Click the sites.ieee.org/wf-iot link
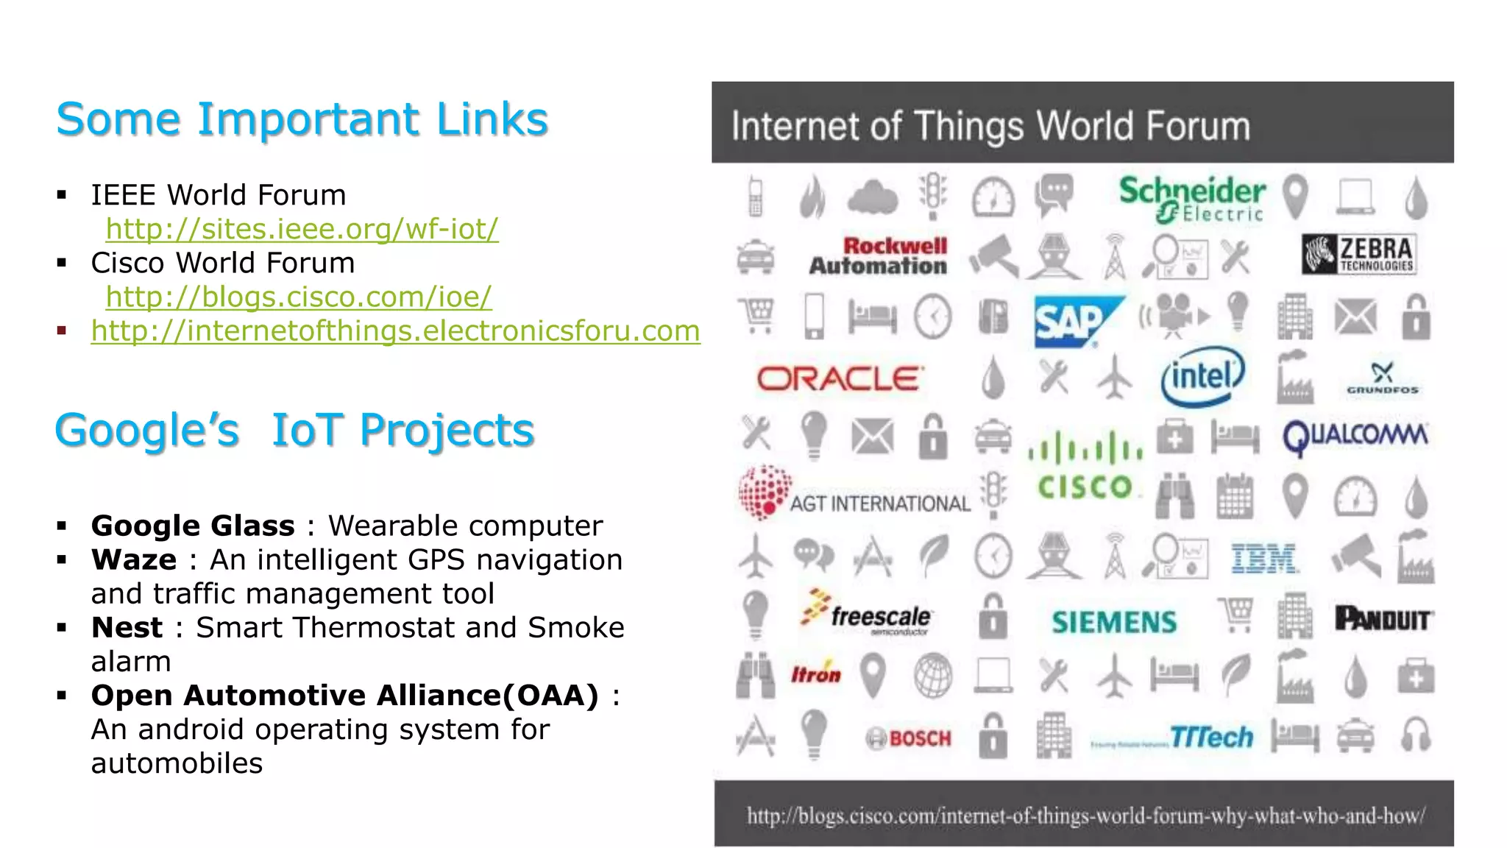pyautogui.click(x=302, y=229)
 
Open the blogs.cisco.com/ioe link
pyautogui.click(x=298, y=297)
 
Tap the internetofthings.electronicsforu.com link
pyautogui.click(x=395, y=331)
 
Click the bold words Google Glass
pyautogui.click(x=193, y=526)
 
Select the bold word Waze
pyautogui.click(x=134, y=559)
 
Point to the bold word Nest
pyautogui.click(x=127, y=627)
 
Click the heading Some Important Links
pyautogui.click(x=302, y=119)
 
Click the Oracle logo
pyautogui.click(x=839, y=379)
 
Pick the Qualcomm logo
pyautogui.click(x=1355, y=436)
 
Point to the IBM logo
pyautogui.click(x=1263, y=559)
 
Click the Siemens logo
pyautogui.click(x=1114, y=623)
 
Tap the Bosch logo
pyautogui.click(x=909, y=738)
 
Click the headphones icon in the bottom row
pyautogui.click(x=1416, y=735)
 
